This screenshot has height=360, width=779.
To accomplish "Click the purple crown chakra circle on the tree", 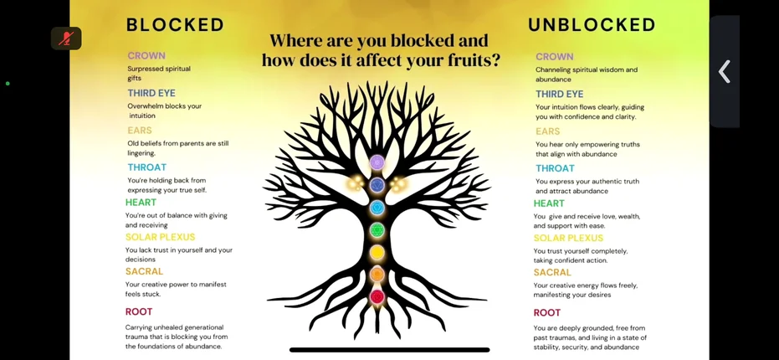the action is click(377, 162).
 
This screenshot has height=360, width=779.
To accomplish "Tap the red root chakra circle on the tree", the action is click(377, 297).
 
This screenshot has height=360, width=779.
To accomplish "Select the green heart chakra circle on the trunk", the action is click(377, 229).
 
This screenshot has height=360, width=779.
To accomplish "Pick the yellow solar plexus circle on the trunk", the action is click(377, 253).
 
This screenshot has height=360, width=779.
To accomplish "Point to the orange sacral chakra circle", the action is click(377, 274).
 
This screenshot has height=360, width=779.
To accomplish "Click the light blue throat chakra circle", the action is click(377, 208).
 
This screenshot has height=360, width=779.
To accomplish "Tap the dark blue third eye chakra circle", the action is click(377, 185).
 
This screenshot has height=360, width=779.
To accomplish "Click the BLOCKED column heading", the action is click(175, 25).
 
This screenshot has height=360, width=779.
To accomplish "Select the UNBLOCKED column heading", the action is click(592, 25).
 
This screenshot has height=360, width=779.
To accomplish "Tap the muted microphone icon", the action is click(66, 39).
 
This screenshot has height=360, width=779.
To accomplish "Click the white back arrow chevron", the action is click(725, 72).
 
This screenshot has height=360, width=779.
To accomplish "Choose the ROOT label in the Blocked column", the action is click(139, 311).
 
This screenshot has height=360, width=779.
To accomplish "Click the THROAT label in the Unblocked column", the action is click(555, 168).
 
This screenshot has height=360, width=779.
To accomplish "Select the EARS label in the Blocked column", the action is click(140, 131).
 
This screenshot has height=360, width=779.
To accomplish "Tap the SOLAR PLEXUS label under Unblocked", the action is click(568, 238).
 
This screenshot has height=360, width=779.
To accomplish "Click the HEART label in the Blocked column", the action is click(141, 202).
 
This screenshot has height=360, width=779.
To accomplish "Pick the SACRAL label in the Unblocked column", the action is click(552, 272).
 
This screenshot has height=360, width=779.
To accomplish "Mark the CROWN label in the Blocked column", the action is click(146, 56).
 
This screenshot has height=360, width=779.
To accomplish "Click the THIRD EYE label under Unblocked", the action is click(560, 94).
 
